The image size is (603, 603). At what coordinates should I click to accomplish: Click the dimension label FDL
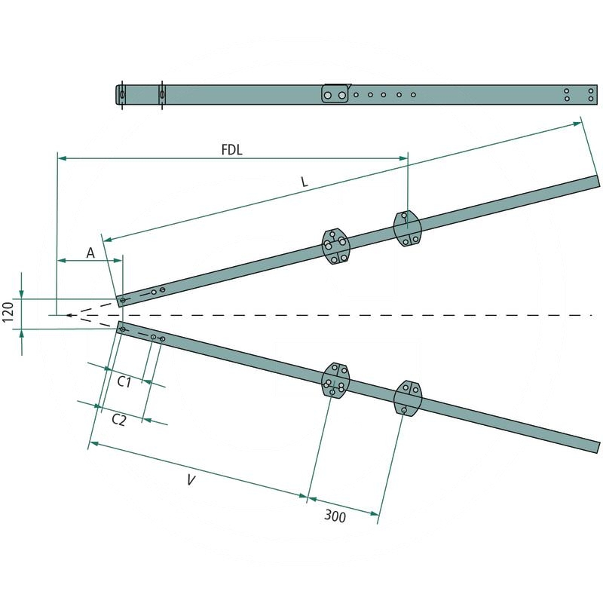point(231,149)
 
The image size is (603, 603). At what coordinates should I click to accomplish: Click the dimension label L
point(303,183)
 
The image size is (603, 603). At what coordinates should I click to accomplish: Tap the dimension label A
point(90,253)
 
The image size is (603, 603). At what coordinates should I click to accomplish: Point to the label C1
point(124,382)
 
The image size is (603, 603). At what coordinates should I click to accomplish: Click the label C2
point(118,419)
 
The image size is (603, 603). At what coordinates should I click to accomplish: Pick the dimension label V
point(191,480)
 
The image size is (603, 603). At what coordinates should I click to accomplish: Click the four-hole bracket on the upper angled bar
point(335,246)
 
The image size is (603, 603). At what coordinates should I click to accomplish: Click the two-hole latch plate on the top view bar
point(335,95)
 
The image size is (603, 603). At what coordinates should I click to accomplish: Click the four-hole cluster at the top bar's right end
point(579,94)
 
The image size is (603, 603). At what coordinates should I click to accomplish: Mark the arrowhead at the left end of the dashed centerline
point(68,314)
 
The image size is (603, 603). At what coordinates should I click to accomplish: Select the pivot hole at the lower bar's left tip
point(123,329)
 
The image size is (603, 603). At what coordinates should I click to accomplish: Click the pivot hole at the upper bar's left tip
point(123,299)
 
